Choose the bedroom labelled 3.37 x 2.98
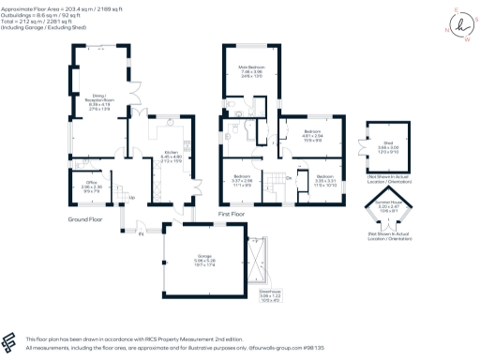click(243, 180)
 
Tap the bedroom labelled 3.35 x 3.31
click(324, 180)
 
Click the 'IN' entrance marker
click(141, 233)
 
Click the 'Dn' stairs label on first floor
click(288, 176)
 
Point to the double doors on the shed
click(361, 149)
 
